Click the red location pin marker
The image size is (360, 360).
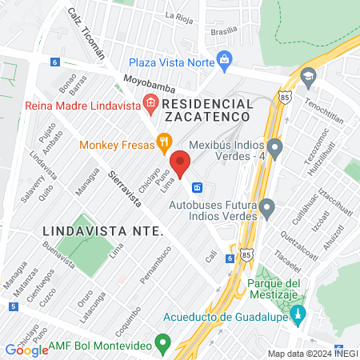(x=181, y=162)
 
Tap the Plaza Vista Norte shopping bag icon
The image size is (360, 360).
(x=226, y=59)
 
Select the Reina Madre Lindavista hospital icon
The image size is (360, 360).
(x=149, y=102)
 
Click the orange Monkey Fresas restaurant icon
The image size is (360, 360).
(x=163, y=144)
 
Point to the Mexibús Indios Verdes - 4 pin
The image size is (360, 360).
(x=275, y=147)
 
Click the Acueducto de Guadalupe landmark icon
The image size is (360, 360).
(x=298, y=313)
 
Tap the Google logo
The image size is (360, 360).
(x=26, y=350)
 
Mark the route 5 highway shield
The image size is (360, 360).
(x=14, y=306)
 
